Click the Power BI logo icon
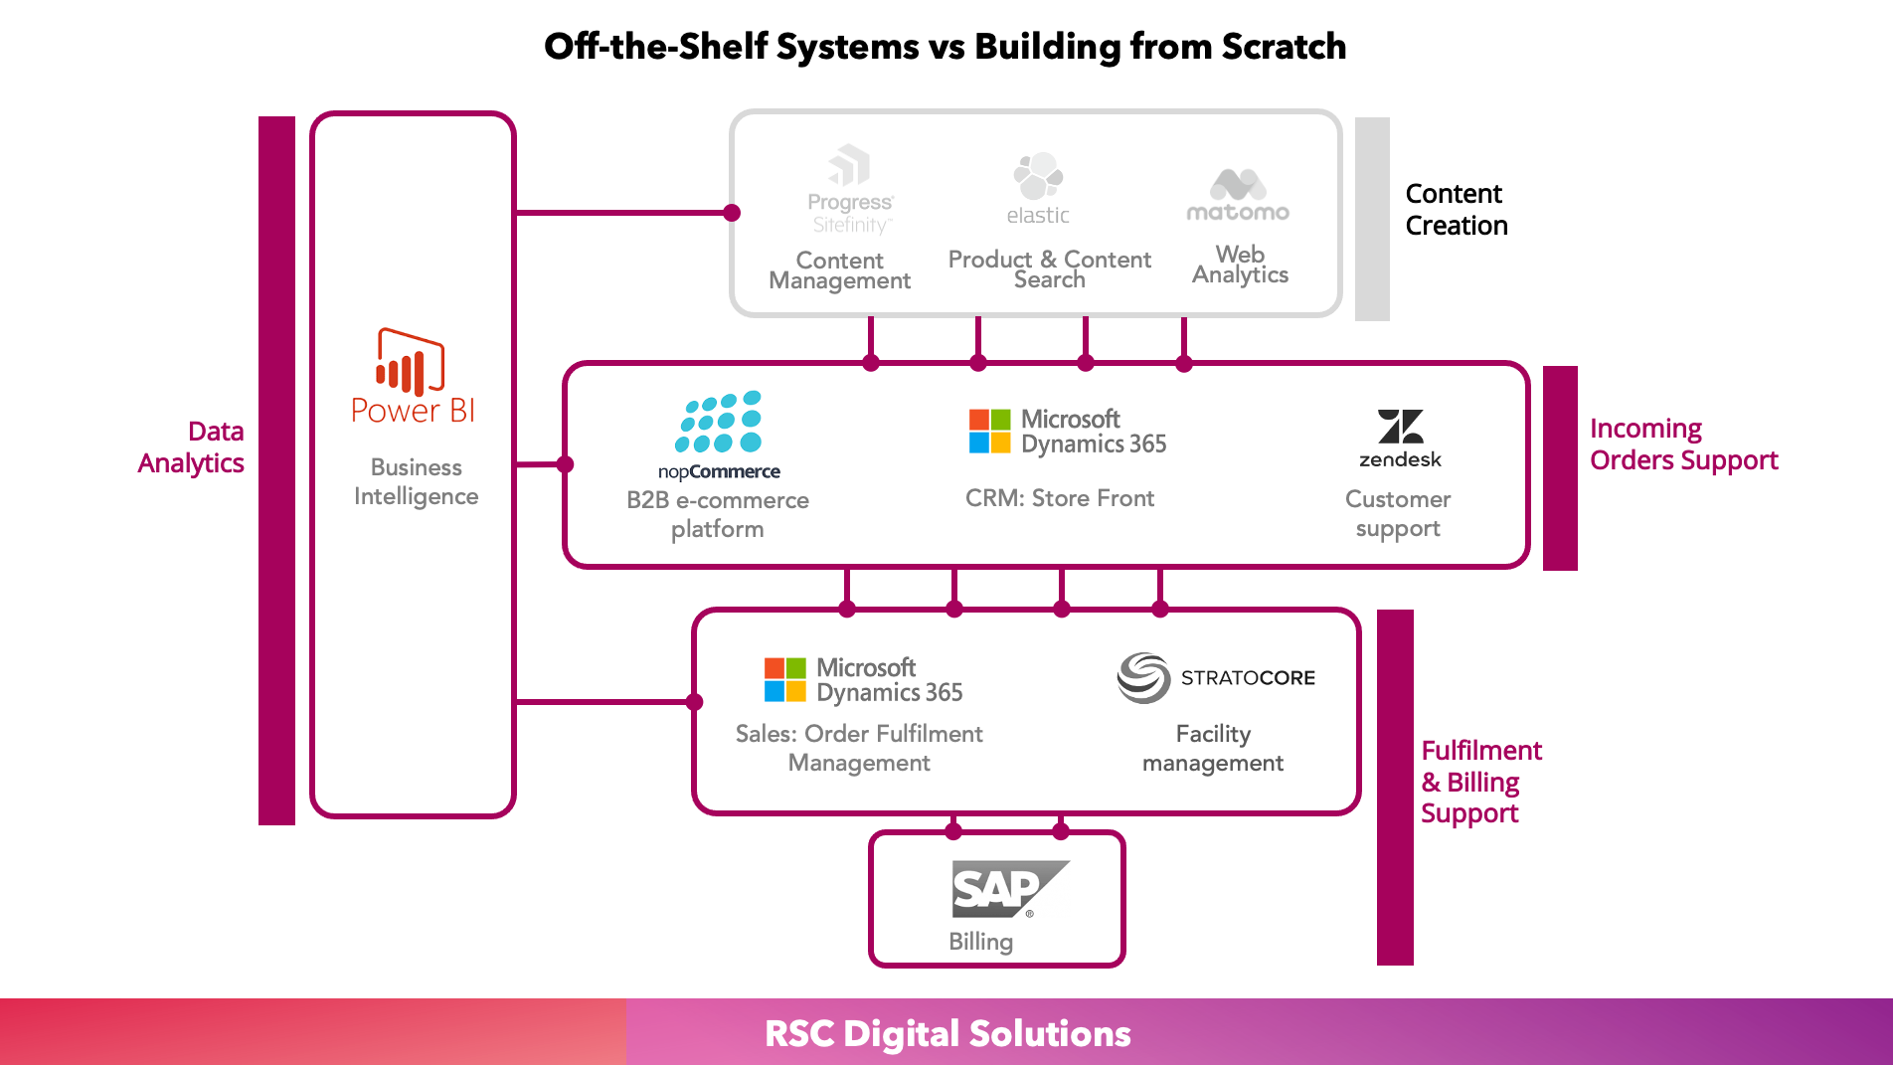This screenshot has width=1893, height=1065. coord(410,362)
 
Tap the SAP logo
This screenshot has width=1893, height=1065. coord(1010,889)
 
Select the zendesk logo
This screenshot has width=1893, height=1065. coord(1400,438)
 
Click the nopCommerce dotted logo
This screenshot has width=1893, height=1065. coord(719,423)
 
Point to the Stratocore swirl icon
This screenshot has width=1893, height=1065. coord(1143,677)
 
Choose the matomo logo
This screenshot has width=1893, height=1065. coord(1238,195)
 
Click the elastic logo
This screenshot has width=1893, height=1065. coord(1038,188)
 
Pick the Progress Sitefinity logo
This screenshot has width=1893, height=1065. coord(850,189)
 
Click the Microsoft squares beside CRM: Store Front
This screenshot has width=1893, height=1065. coord(990,431)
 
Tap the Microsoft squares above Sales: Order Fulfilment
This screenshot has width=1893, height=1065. coord(785,679)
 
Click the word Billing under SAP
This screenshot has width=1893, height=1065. coord(981,942)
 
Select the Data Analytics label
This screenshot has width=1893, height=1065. coord(191,446)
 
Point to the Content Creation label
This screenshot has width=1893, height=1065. coord(1457,209)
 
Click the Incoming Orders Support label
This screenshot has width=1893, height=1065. coord(1684,444)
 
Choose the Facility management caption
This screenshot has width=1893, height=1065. coord(1213,748)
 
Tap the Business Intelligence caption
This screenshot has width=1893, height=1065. coord(417,481)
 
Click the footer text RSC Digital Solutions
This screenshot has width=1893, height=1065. coord(947,1033)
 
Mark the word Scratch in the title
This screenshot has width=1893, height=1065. coord(1284,46)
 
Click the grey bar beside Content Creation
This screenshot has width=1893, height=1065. coord(1372,219)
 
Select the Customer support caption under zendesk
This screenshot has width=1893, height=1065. coord(1398,513)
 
